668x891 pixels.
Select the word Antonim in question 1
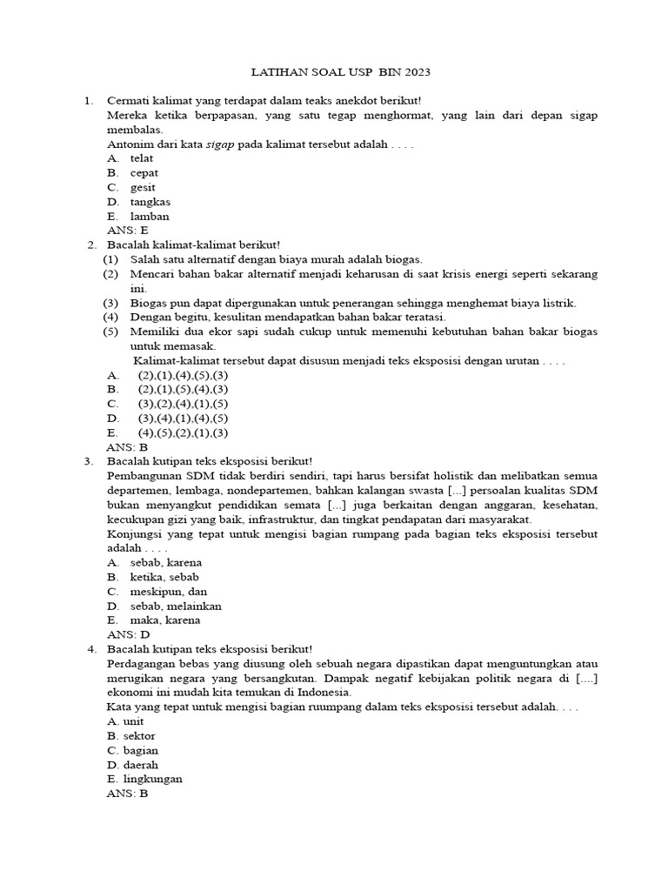pyautogui.click(x=130, y=144)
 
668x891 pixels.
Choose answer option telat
pyautogui.click(x=143, y=158)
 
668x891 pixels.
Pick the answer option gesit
pyautogui.click(x=143, y=187)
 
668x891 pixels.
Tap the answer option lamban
pyautogui.click(x=149, y=216)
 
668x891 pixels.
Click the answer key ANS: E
pyautogui.click(x=127, y=231)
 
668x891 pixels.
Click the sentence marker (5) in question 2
pyautogui.click(x=110, y=332)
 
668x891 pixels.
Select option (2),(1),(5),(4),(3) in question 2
pyautogui.click(x=182, y=389)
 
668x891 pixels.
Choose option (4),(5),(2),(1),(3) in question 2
pyautogui.click(x=182, y=432)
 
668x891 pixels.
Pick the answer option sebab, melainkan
pyautogui.click(x=176, y=606)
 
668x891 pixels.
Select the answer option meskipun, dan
pyautogui.click(x=169, y=591)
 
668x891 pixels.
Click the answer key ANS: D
pyautogui.click(x=128, y=634)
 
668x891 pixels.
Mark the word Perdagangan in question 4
pyautogui.click(x=141, y=663)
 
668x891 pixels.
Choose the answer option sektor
pyautogui.click(x=139, y=735)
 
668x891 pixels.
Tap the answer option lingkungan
pyautogui.click(x=154, y=779)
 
